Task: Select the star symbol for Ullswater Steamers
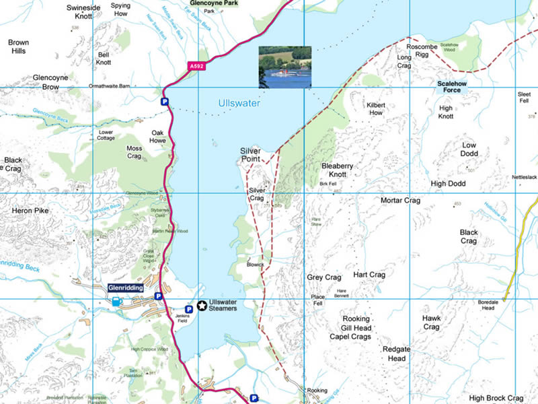pos(202,306)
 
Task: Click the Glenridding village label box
pos(126,288)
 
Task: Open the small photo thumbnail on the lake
pos(285,67)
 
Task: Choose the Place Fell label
pos(318,300)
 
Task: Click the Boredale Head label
pos(488,304)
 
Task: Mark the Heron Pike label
pos(30,211)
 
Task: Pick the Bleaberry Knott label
pos(343,170)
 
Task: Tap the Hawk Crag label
pos(431,323)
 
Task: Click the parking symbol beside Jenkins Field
pos(189,308)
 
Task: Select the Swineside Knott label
pos(83,11)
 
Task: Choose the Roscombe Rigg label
pos(422,51)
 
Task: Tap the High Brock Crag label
pos(496,399)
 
